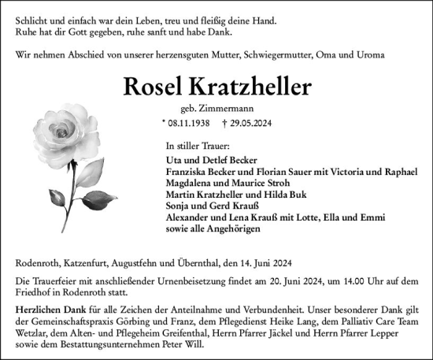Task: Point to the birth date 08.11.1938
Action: [x=189, y=123]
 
